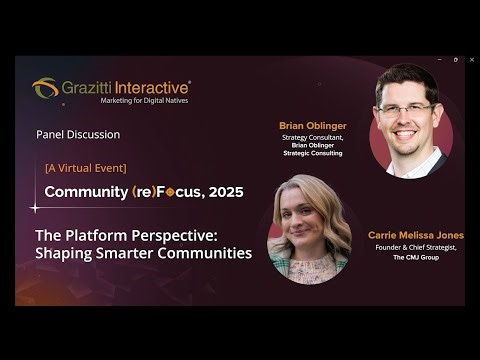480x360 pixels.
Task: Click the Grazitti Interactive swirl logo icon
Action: click(45, 88)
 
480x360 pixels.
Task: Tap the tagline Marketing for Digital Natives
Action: click(144, 101)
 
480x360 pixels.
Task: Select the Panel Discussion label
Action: click(77, 134)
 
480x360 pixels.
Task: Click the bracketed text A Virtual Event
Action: click(85, 167)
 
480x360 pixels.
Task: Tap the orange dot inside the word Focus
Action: click(171, 192)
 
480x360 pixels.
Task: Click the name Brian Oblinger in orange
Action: click(312, 126)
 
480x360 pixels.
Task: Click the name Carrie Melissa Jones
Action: click(415, 236)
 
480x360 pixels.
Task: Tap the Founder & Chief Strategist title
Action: click(415, 248)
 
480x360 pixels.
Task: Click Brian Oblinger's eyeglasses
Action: click(405, 107)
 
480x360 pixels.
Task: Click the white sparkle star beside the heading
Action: click(35, 208)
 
